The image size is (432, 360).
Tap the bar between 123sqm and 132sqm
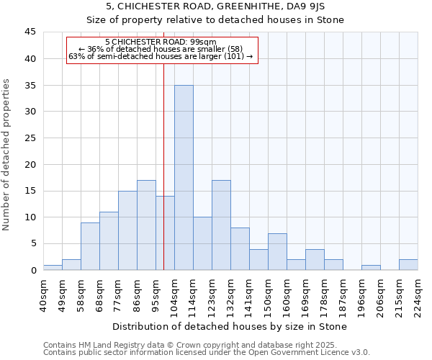221,225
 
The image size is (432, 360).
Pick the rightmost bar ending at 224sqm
408,265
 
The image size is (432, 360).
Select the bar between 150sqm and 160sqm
277,252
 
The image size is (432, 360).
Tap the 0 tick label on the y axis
33,270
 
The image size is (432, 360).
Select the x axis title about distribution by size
230,326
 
